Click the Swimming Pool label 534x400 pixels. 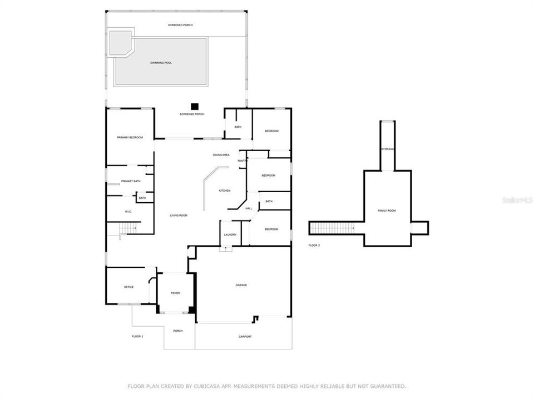[161, 63]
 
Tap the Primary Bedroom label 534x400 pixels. [130, 137]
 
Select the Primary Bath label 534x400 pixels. [131, 181]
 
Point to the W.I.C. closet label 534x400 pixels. [128, 211]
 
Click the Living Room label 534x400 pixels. [179, 216]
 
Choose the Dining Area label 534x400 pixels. [221, 155]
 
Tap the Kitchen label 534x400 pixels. [224, 191]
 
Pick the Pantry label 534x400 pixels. [243, 161]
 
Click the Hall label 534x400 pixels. [249, 208]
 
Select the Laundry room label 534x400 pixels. [230, 234]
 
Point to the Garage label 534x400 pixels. [241, 285]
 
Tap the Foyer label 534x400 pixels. [175, 293]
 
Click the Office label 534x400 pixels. [128, 287]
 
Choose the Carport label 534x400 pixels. [245, 336]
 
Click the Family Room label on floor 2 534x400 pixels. [387, 211]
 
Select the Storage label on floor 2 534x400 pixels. [388, 149]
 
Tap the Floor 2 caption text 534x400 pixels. [314, 245]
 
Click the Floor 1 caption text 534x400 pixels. [137, 336]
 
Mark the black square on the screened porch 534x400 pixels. [194, 106]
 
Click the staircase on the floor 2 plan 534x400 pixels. [332, 228]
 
